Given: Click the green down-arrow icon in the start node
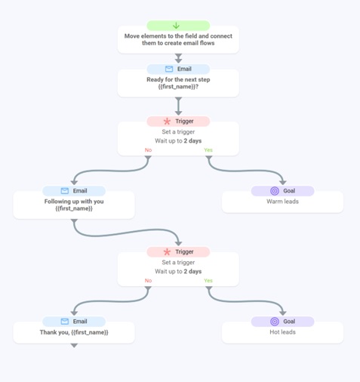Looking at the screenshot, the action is [176, 26].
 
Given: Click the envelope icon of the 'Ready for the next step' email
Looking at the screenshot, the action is [169, 69].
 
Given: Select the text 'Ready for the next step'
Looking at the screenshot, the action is [178, 79].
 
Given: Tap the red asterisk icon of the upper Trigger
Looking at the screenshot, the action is [167, 122].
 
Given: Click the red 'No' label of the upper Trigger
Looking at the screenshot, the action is [148, 150].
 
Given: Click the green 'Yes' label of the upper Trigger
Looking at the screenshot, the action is [208, 150].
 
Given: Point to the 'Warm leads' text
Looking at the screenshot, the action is [282, 202].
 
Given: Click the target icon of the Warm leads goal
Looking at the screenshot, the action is [275, 191].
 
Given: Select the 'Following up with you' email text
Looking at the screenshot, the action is [74, 202].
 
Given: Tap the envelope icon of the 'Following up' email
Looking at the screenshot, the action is [65, 191].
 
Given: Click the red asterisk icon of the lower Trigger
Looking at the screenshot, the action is [167, 252].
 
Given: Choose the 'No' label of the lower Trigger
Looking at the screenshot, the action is [148, 281].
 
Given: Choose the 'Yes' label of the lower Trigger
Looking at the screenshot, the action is [208, 281].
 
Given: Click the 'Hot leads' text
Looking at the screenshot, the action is [282, 332].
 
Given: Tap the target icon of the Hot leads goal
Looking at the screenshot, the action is [275, 322].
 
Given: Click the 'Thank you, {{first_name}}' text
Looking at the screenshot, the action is [74, 332].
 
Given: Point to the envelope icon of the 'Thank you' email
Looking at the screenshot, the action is [65, 322].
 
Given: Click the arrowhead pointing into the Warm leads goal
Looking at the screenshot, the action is [283, 183].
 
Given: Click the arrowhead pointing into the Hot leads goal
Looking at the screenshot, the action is [283, 313].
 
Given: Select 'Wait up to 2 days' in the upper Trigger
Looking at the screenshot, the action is [178, 140].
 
